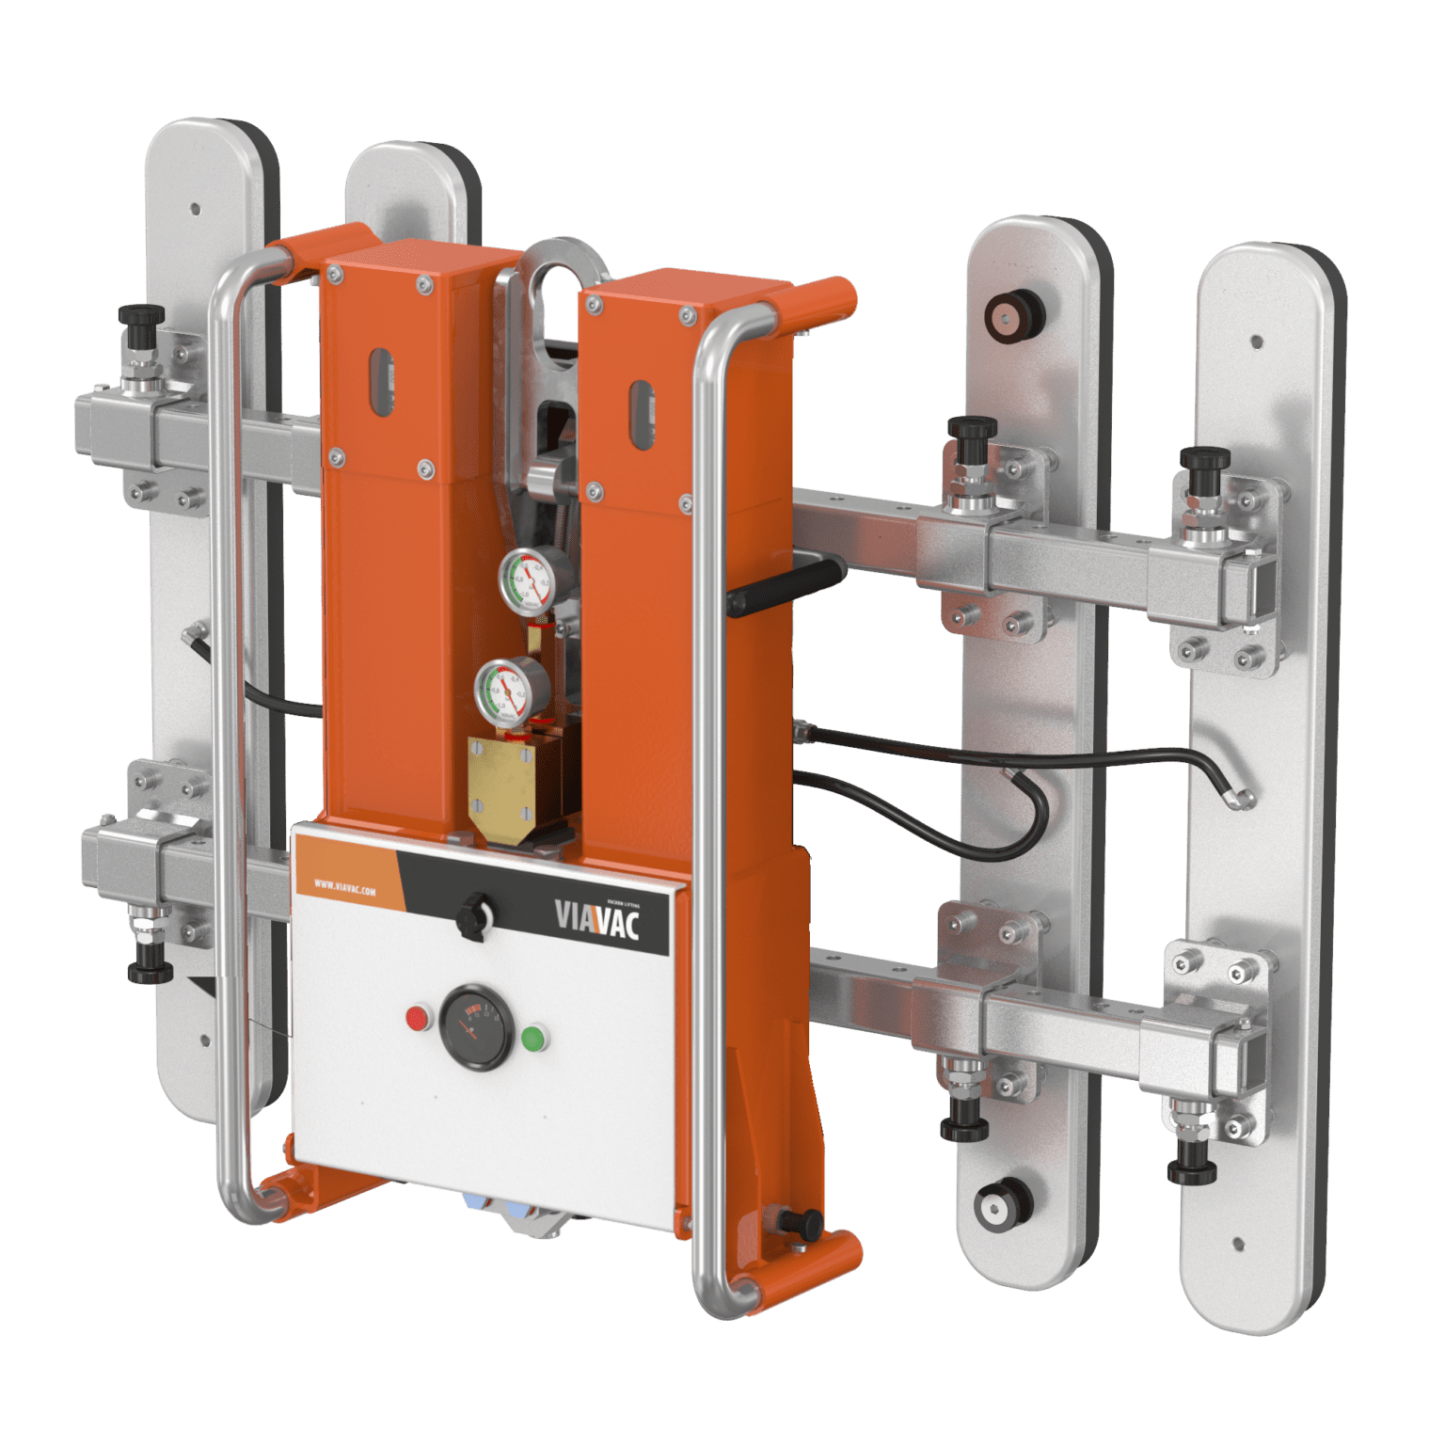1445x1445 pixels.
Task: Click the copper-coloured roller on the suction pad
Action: click(1008, 313)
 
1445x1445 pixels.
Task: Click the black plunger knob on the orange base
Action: click(803, 1222)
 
